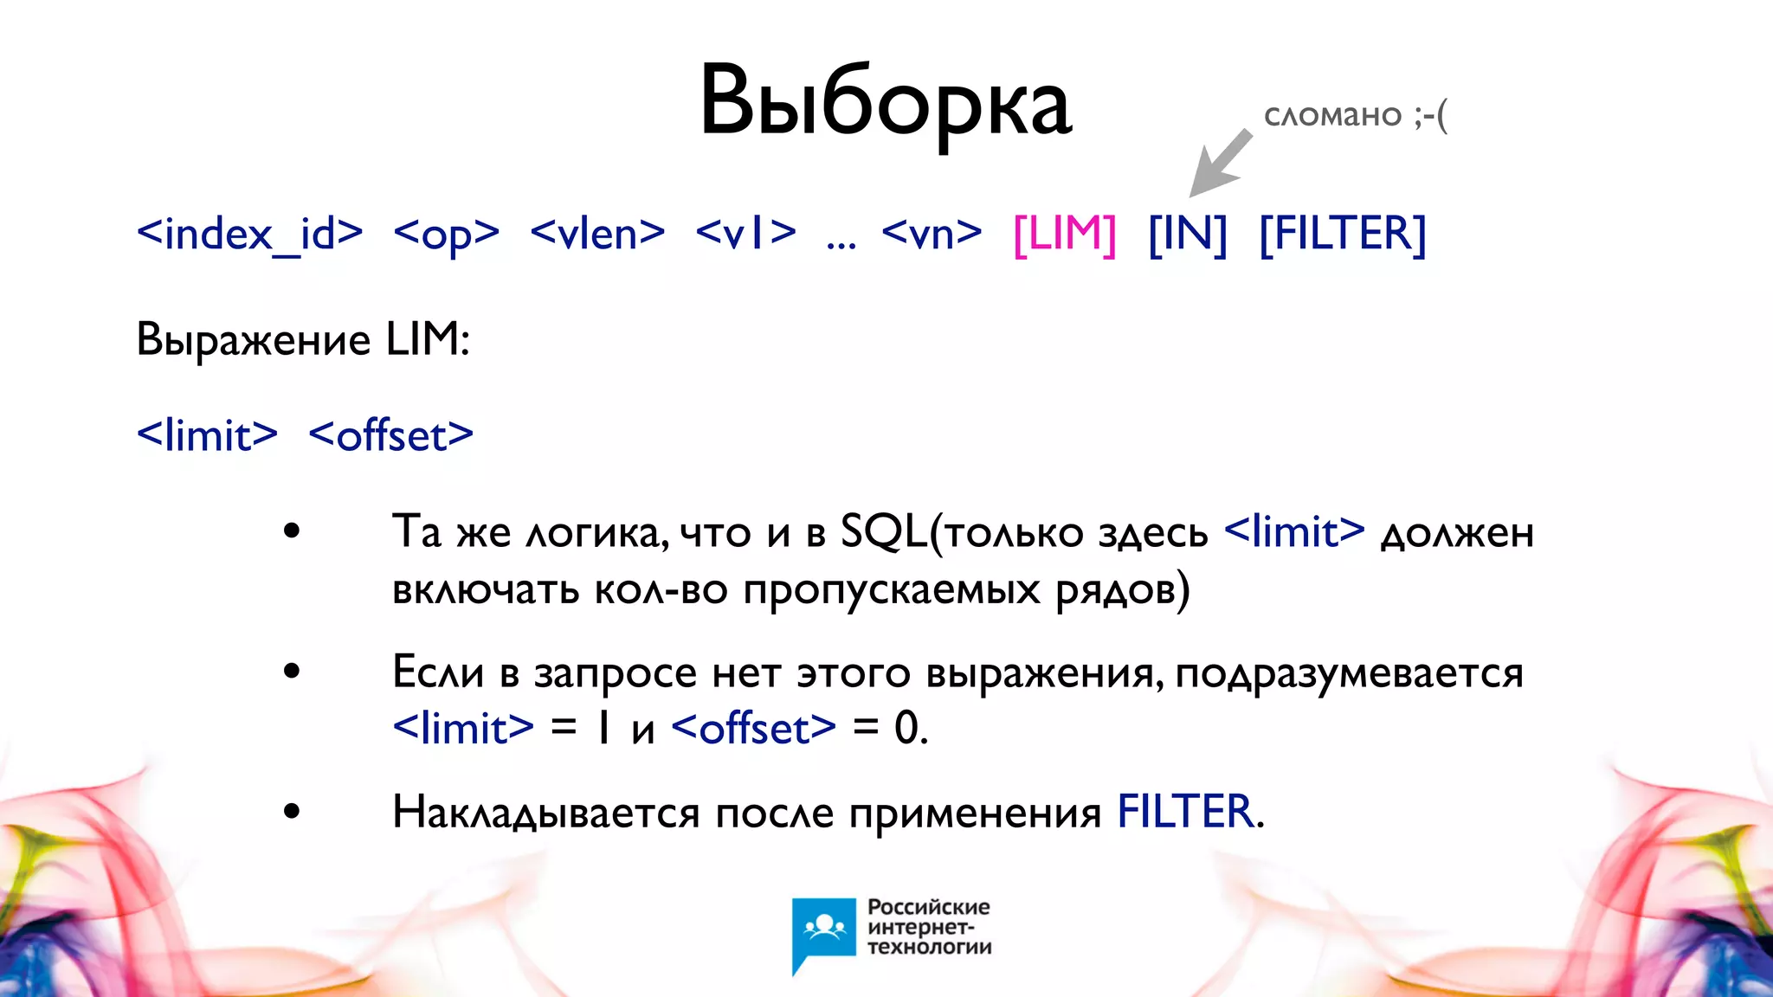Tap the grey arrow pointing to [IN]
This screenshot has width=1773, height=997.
(1221, 163)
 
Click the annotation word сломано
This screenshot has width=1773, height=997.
(1332, 116)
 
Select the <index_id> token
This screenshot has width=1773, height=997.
(249, 234)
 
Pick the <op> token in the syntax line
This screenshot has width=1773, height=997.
(446, 234)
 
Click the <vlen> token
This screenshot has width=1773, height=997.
(597, 234)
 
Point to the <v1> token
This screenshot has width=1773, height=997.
(745, 234)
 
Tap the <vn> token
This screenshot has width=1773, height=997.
(932, 234)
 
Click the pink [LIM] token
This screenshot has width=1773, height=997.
(1064, 234)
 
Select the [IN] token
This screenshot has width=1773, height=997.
(1187, 234)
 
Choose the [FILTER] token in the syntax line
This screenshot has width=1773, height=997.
(1342, 234)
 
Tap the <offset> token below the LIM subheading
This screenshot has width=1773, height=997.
(390, 434)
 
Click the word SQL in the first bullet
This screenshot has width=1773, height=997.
(883, 531)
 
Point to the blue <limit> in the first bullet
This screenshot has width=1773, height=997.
(1294, 531)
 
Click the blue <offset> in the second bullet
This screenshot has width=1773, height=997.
(753, 728)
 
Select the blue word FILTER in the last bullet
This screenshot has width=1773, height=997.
(1185, 812)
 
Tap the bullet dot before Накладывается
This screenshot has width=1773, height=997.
(292, 812)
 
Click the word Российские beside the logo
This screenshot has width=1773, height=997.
(928, 907)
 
